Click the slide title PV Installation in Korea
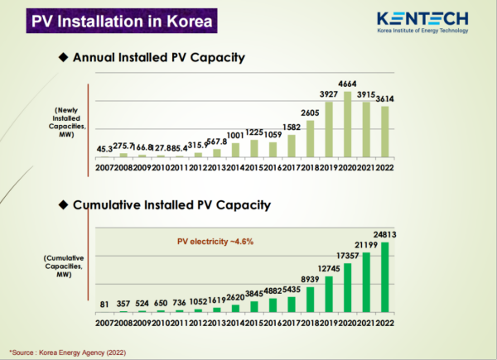tap(121, 21)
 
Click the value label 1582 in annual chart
tap(292, 127)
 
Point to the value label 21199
tap(365, 245)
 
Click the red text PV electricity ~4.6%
tap(215, 241)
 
